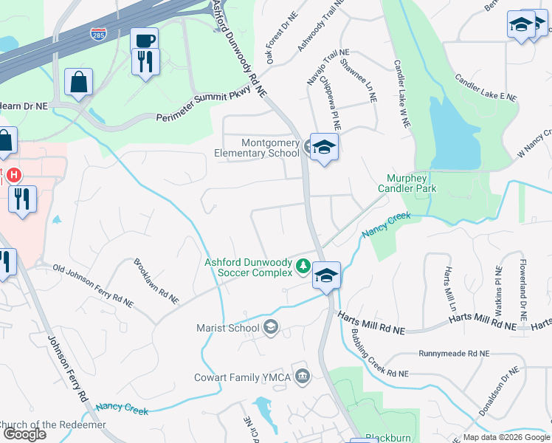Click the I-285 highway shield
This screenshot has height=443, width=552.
(x=97, y=34)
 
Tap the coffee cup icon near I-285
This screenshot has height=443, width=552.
(x=144, y=41)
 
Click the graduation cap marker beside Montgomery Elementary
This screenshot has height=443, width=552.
(x=323, y=147)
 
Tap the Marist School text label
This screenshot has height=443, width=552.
(x=228, y=328)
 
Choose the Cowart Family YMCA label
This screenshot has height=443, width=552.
(x=241, y=377)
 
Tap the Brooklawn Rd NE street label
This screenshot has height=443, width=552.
(x=156, y=282)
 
